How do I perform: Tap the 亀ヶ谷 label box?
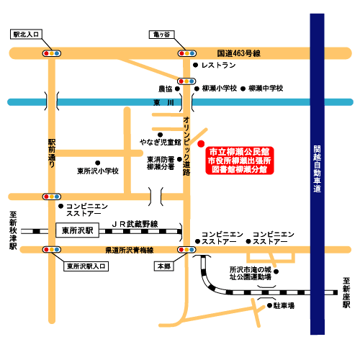[x=161, y=33]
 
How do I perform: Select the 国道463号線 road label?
[x=238, y=53]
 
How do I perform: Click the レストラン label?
[x=218, y=66]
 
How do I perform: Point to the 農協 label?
[x=166, y=89]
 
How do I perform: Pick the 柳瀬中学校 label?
[x=266, y=88]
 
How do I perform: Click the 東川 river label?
[x=160, y=103]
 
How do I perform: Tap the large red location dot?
[x=201, y=142]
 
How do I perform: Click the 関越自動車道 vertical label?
[x=317, y=170]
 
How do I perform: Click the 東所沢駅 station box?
[x=76, y=230]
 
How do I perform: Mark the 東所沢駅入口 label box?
[x=86, y=266]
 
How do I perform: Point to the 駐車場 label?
[x=284, y=305]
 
